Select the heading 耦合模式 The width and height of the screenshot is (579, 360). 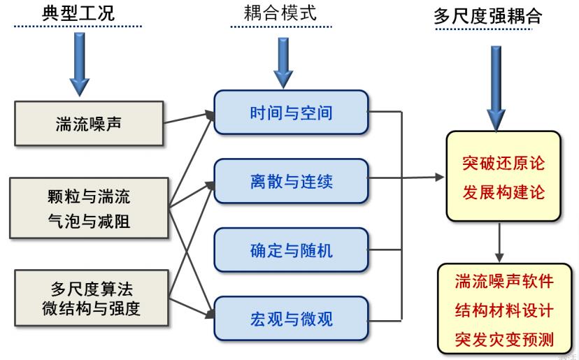(x=283, y=13)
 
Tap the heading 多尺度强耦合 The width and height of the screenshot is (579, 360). (x=487, y=16)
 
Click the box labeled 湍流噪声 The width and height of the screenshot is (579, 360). (x=89, y=124)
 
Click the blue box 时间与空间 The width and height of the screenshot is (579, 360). (x=291, y=112)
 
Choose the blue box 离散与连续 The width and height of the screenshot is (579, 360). (x=291, y=182)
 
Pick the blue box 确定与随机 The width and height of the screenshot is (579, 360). (x=291, y=250)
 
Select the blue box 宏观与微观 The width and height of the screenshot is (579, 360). (x=291, y=319)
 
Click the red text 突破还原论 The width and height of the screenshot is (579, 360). (x=503, y=164)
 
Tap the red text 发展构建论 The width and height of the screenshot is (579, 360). (x=503, y=192)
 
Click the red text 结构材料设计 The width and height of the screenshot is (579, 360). (x=503, y=310)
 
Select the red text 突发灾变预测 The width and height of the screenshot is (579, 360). (x=503, y=340)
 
